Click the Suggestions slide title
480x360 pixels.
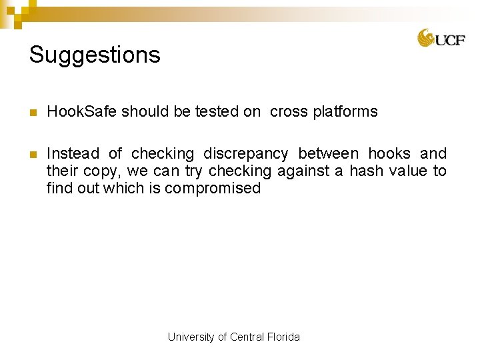pyautogui.click(x=95, y=55)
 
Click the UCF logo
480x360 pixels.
pyautogui.click(x=441, y=39)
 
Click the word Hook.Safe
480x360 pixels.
pyautogui.click(x=82, y=111)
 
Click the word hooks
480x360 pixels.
pyautogui.click(x=389, y=154)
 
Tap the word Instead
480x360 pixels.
pyautogui.click(x=73, y=154)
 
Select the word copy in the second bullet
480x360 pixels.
pyautogui.click(x=100, y=171)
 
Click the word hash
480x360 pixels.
pyautogui.click(x=366, y=171)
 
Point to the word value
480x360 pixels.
pyautogui.click(x=408, y=171)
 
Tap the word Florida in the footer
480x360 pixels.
pyautogui.click(x=283, y=337)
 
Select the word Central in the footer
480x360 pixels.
pyautogui.click(x=247, y=337)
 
